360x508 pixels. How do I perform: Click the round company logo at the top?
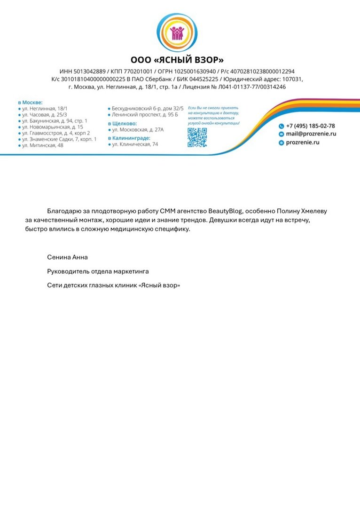tap(177, 32)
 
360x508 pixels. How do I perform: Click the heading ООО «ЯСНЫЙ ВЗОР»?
tap(177, 60)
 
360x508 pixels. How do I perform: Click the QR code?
tap(197, 137)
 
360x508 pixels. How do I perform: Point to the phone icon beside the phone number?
tap(281, 126)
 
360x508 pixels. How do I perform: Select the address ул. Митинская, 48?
tap(43, 145)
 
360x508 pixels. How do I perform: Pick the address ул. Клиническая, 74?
tap(135, 144)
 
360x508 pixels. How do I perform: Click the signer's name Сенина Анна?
tap(67, 257)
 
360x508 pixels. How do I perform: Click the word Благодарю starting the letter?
tap(63, 211)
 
